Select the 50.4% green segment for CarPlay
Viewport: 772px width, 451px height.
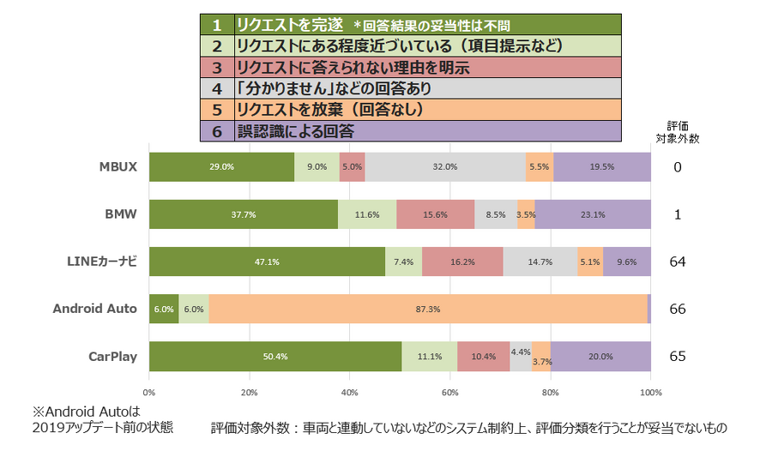pyautogui.click(x=275, y=356)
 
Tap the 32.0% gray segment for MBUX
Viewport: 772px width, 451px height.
pyautogui.click(x=445, y=167)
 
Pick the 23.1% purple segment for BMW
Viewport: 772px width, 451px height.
pyautogui.click(x=593, y=214)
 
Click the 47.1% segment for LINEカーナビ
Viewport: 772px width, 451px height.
pyautogui.click(x=267, y=262)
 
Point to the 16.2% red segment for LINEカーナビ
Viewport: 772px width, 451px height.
pyautogui.click(x=462, y=262)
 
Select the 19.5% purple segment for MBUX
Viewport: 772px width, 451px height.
pyautogui.click(x=602, y=167)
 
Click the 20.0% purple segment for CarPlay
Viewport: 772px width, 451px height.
pyautogui.click(x=600, y=356)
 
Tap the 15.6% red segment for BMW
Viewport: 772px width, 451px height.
pyautogui.click(x=435, y=214)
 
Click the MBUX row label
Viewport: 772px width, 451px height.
pyautogui.click(x=118, y=167)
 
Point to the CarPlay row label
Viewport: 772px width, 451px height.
pyautogui.click(x=114, y=356)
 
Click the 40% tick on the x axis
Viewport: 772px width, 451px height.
pyautogui.click(x=350, y=393)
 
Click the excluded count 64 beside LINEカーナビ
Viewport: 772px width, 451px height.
pyautogui.click(x=678, y=262)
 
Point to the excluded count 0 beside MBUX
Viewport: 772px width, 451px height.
pyautogui.click(x=678, y=167)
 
